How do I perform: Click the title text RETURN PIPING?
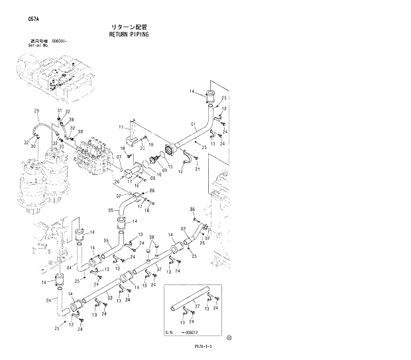pyautogui.click(x=130, y=33)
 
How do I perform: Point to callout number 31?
pyautogui.click(x=59, y=110)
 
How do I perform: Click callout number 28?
pyautogui.click(x=71, y=119)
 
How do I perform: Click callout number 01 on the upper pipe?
pyautogui.click(x=194, y=123)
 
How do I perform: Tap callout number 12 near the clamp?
pyautogui.click(x=180, y=172)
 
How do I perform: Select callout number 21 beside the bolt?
pyautogui.click(x=198, y=170)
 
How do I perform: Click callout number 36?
pyautogui.click(x=192, y=210)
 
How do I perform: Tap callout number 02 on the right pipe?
pyautogui.click(x=182, y=229)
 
